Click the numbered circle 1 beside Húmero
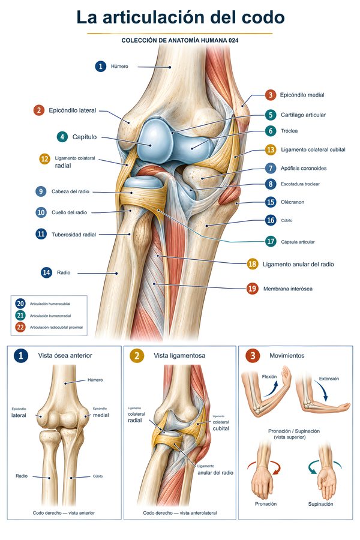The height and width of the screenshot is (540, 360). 101,66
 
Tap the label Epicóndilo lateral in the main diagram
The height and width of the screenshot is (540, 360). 73,110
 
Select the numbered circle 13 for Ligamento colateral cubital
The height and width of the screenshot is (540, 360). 271,150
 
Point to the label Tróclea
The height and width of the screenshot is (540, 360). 289,131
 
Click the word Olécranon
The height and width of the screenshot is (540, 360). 292,202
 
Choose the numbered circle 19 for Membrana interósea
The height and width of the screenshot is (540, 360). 253,289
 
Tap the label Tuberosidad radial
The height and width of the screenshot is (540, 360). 74,235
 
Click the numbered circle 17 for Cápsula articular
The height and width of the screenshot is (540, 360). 271,242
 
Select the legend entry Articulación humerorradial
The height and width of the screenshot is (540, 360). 50,316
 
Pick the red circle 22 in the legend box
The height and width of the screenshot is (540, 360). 20,327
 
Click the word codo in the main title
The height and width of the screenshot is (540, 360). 263,17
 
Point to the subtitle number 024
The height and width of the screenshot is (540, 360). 233,40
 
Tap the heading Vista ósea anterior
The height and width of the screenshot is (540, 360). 65,355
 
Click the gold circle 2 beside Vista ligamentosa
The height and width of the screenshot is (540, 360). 137,355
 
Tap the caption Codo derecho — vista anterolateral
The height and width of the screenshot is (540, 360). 180,513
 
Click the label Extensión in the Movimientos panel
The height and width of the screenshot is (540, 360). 329,379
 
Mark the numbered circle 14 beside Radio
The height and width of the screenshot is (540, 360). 46,273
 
